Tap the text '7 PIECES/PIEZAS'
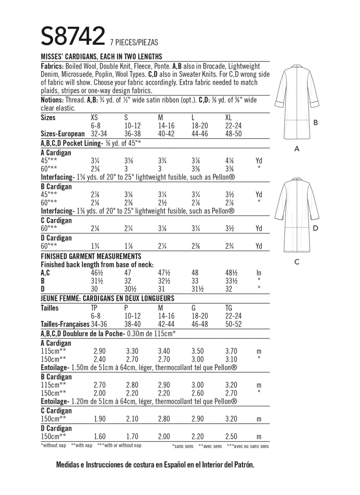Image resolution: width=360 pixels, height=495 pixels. pos(134,43)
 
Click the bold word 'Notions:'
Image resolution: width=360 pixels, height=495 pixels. pos(52,100)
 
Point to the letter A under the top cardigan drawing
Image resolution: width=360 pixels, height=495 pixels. pos(297,148)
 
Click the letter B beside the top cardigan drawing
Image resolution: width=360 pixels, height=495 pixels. pos(316,123)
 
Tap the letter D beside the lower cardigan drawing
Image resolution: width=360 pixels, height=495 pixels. pos(316,228)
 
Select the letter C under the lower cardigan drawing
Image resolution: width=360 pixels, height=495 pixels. pos(297,262)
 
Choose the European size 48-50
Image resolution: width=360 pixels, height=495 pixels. pos(234,134)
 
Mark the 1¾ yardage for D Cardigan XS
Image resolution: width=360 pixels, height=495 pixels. pos(96,246)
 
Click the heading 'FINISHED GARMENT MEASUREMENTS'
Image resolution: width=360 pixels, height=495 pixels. pos(91,256)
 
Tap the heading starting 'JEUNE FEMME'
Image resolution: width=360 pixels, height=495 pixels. pos(107,299)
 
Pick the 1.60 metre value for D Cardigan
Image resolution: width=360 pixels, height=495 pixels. pos(100,437)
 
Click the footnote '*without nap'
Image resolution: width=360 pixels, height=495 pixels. pos(53,445)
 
